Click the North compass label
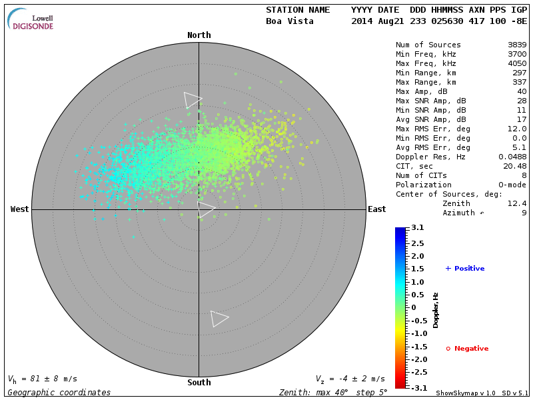pos(199,35)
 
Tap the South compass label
pos(199,383)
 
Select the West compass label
pos(20,209)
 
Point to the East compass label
pos(376,209)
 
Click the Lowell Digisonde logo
pos(31,19)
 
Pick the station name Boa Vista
pos(290,21)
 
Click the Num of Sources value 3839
pos(517,45)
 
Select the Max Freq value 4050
pos(517,64)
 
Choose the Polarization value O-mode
pos(512,185)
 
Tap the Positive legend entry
pos(465,269)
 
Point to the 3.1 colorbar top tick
pos(418,228)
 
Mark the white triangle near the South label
pos(219,319)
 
